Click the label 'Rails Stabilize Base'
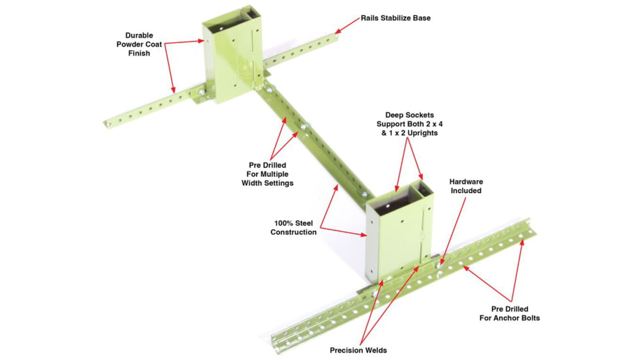(395, 18)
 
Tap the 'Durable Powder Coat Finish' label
(139, 44)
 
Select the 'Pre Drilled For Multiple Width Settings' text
(268, 174)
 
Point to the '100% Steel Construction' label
(293, 228)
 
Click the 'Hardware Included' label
(466, 186)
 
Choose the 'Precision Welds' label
(359, 350)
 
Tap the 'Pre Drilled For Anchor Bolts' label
(509, 314)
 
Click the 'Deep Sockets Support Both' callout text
(410, 124)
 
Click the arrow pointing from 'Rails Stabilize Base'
(347, 26)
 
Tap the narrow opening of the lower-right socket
(423, 189)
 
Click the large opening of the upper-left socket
(223, 22)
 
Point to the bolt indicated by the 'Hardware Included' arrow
(439, 265)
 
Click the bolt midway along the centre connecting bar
(303, 128)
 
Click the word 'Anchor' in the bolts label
(509, 318)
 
